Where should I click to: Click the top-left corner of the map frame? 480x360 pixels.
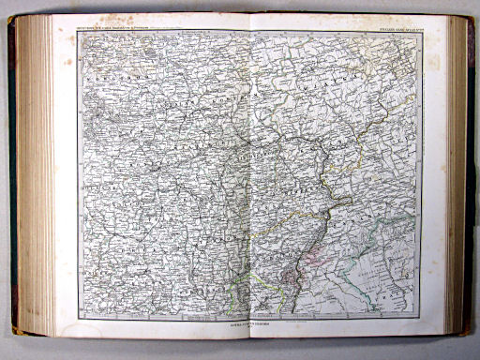(x=79, y=33)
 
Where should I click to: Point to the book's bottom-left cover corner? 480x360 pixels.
(x=14, y=330)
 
